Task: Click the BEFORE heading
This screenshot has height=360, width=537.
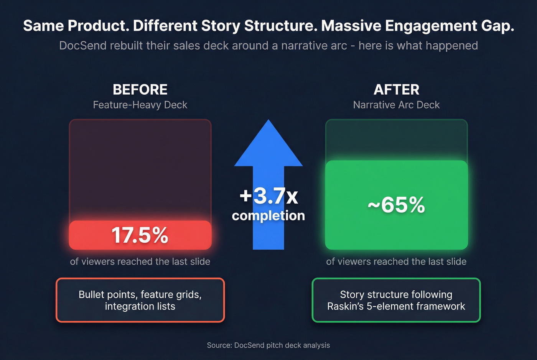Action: pyautogui.click(x=140, y=90)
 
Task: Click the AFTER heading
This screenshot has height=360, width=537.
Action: pyautogui.click(x=396, y=90)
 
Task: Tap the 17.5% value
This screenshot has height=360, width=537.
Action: pyautogui.click(x=140, y=235)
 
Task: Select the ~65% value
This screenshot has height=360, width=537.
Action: pyautogui.click(x=396, y=205)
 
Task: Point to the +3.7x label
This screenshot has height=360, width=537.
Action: pyautogui.click(x=268, y=196)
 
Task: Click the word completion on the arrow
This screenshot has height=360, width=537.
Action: pyautogui.click(x=268, y=215)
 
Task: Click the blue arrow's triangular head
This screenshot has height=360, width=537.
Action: pyautogui.click(x=268, y=146)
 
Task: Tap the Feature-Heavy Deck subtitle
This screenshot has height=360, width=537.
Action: pyautogui.click(x=140, y=105)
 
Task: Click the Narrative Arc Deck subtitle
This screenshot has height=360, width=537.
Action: pyautogui.click(x=396, y=105)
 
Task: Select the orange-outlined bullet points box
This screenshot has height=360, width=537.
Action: pyautogui.click(x=140, y=300)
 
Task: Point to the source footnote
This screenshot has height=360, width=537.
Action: pyautogui.click(x=268, y=345)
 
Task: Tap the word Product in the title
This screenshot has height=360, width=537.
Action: pyautogui.click(x=98, y=26)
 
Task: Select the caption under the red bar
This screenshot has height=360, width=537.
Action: pyautogui.click(x=140, y=261)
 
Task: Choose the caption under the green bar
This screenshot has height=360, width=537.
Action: pyautogui.click(x=396, y=261)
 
